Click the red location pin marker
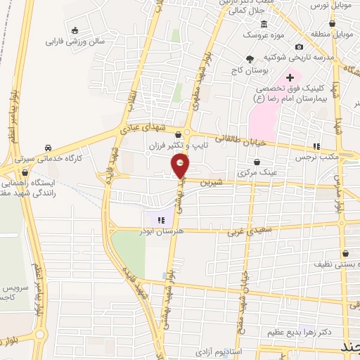point(181,167)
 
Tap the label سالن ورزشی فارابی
point(75,41)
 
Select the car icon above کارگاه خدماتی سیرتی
point(48,148)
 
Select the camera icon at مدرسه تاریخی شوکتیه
point(299,46)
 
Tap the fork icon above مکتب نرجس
point(316,146)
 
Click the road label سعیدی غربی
point(245,230)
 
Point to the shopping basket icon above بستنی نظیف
point(345,254)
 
